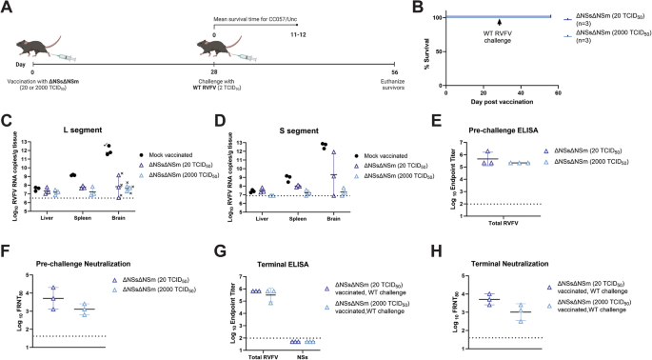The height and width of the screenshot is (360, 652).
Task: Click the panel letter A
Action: click(7, 7)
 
